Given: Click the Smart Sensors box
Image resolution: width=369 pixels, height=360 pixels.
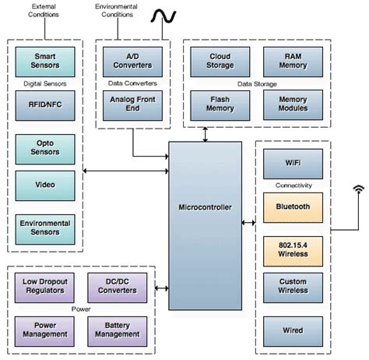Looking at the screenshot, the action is (x=45, y=62).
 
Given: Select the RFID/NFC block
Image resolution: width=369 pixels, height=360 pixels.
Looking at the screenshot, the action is (x=45, y=105).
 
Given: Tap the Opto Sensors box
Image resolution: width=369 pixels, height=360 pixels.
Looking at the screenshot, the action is (x=45, y=149).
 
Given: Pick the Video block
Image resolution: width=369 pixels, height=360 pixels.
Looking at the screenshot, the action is (x=45, y=185).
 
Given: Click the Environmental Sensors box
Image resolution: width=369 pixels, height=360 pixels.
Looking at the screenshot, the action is (x=45, y=229).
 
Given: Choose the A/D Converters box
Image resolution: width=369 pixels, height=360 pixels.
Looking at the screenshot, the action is (x=132, y=62).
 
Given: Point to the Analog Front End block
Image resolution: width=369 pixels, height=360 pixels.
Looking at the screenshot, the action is (x=132, y=105).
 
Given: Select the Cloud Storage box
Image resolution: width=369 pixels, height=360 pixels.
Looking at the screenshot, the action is (x=220, y=62).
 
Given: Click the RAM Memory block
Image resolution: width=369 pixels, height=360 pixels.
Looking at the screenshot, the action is (x=293, y=62).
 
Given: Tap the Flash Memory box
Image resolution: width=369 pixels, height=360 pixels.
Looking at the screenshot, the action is (x=220, y=105).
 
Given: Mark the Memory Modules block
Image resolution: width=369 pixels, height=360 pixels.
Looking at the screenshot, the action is (x=293, y=105).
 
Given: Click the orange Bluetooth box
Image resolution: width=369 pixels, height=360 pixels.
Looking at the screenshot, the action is (x=293, y=207).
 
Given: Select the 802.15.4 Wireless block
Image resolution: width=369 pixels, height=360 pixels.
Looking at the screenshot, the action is (x=293, y=251).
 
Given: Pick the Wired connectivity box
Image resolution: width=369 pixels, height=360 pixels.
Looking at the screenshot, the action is (x=293, y=331).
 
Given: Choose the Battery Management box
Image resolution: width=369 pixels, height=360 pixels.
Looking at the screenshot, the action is (x=118, y=331).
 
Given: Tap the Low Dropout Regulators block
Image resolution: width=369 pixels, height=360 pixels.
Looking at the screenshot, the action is (x=44, y=288).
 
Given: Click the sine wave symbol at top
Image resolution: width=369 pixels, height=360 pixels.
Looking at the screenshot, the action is (x=163, y=16).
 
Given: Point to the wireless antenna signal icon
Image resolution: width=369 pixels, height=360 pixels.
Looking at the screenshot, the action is (x=359, y=189).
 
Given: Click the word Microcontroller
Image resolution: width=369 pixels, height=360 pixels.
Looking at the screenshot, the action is (x=205, y=207).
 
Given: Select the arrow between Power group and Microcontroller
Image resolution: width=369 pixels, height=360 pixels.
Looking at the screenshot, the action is (x=162, y=288).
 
